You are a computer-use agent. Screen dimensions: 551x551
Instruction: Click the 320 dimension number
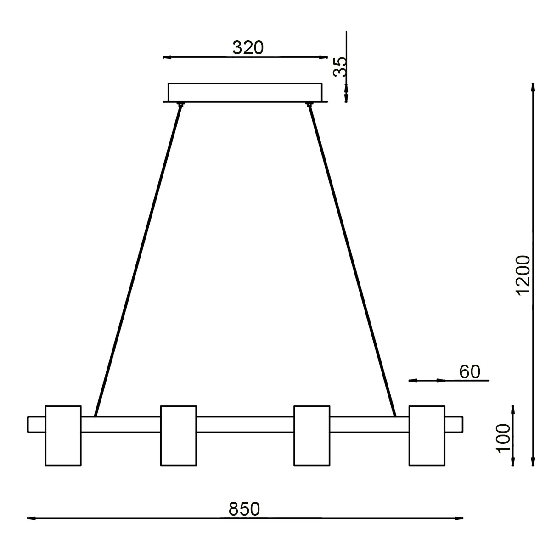(x=248, y=48)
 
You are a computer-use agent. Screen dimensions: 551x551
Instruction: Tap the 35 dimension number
(x=339, y=67)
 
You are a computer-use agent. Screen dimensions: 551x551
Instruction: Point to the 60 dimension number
(x=469, y=371)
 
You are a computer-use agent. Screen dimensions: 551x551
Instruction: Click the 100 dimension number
(x=504, y=439)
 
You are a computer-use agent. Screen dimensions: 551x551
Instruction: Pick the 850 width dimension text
(x=244, y=509)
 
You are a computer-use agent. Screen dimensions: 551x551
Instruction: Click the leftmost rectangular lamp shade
(x=63, y=435)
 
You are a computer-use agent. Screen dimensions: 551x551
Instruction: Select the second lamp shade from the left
(x=179, y=435)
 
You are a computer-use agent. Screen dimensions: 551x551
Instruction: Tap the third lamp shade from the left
(x=312, y=435)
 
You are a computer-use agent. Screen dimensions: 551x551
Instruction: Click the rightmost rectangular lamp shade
(x=427, y=435)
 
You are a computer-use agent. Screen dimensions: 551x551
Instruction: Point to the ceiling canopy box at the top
(x=245, y=92)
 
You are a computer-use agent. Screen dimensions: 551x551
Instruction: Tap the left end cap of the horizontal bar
(x=37, y=424)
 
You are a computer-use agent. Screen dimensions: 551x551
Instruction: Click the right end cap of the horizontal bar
(x=454, y=424)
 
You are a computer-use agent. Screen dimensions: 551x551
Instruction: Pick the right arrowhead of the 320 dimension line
(x=321, y=57)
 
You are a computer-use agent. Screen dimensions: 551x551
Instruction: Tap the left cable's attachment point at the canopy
(x=181, y=105)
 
